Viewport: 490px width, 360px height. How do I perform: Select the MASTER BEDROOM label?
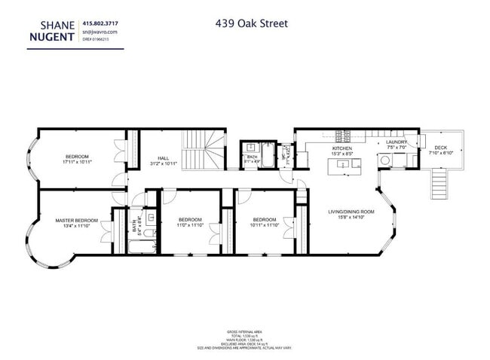[77, 220]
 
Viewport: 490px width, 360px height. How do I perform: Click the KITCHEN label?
[342, 149]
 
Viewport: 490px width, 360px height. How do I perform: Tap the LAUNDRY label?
[397, 142]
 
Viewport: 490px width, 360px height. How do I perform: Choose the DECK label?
[440, 148]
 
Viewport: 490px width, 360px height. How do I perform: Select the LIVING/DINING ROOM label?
[351, 212]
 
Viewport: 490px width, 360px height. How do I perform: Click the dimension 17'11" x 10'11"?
[77, 162]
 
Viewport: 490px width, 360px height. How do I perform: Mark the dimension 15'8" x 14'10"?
[351, 218]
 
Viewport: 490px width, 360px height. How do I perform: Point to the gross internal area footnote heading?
[244, 331]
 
